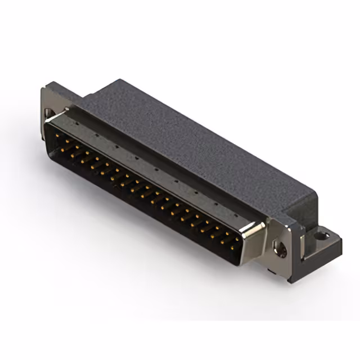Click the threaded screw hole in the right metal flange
point(278,247)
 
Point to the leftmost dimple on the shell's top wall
point(76,125)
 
